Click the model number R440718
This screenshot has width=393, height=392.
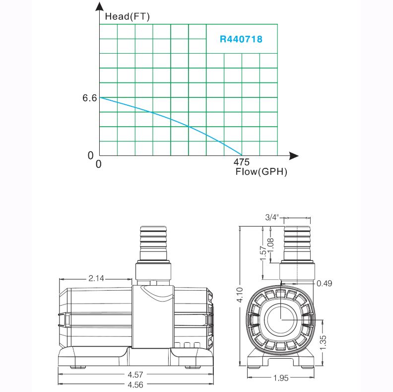[241, 39]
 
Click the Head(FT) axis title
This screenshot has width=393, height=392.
[128, 16]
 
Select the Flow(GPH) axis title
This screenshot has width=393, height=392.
[261, 172]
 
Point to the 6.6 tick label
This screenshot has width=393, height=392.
[89, 98]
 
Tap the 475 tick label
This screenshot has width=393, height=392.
[241, 162]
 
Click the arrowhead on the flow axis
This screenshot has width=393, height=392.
[294, 156]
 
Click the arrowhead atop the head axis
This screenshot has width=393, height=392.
[100, 6]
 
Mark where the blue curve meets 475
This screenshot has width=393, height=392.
[242, 156]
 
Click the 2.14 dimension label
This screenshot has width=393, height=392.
[96, 278]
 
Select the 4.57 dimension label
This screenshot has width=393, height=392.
[135, 375]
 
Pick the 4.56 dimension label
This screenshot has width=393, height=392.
[135, 385]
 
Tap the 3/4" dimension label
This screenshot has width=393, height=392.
[272, 217]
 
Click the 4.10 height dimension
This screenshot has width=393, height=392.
[240, 295]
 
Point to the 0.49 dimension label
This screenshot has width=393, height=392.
[325, 283]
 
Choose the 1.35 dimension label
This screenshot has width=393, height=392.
[324, 342]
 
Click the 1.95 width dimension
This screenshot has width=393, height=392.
[281, 378]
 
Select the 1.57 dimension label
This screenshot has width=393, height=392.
[263, 253]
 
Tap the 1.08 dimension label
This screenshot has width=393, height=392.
[271, 245]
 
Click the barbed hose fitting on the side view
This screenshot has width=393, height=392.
[153, 243]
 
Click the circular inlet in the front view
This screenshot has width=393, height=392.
[281, 319]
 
